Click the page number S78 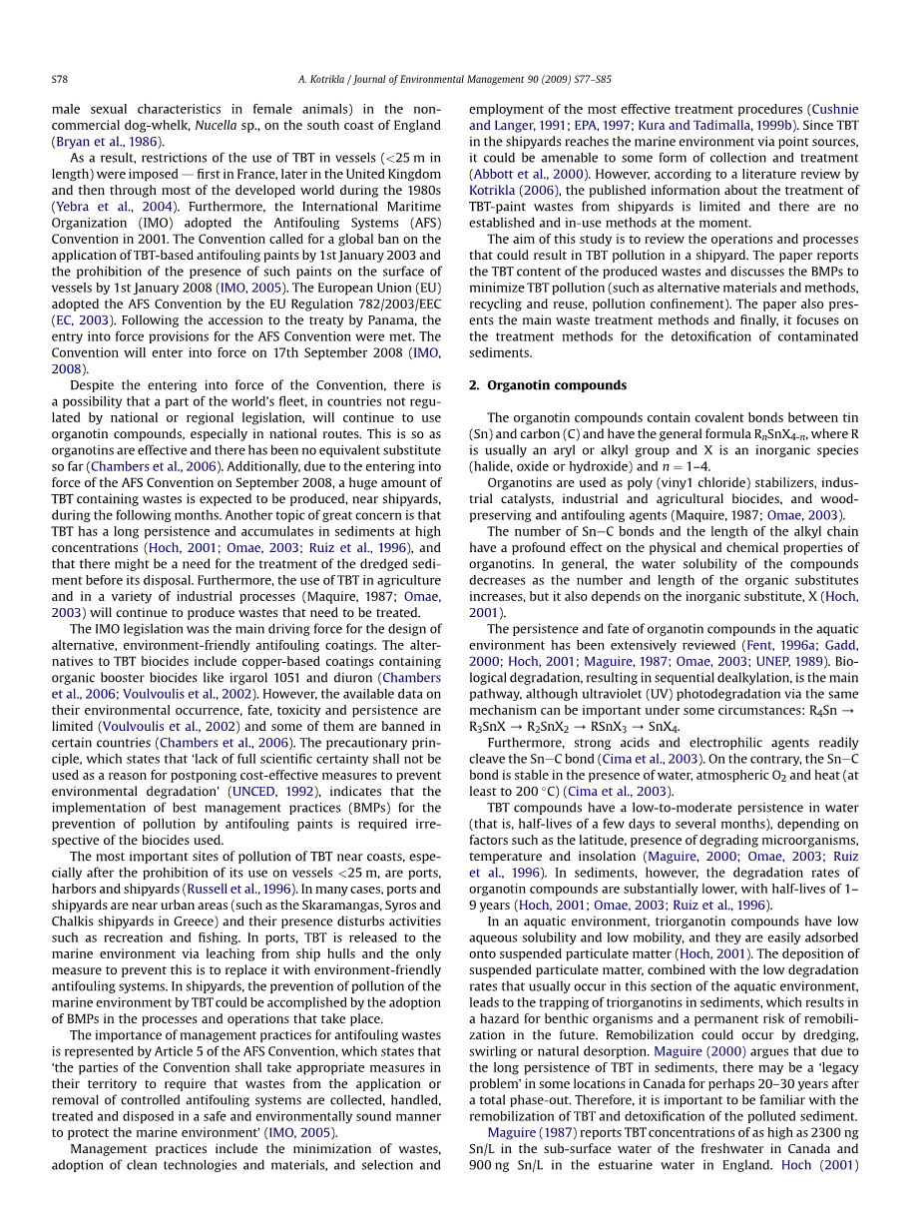coord(59,78)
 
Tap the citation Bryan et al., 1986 coord(107,142)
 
